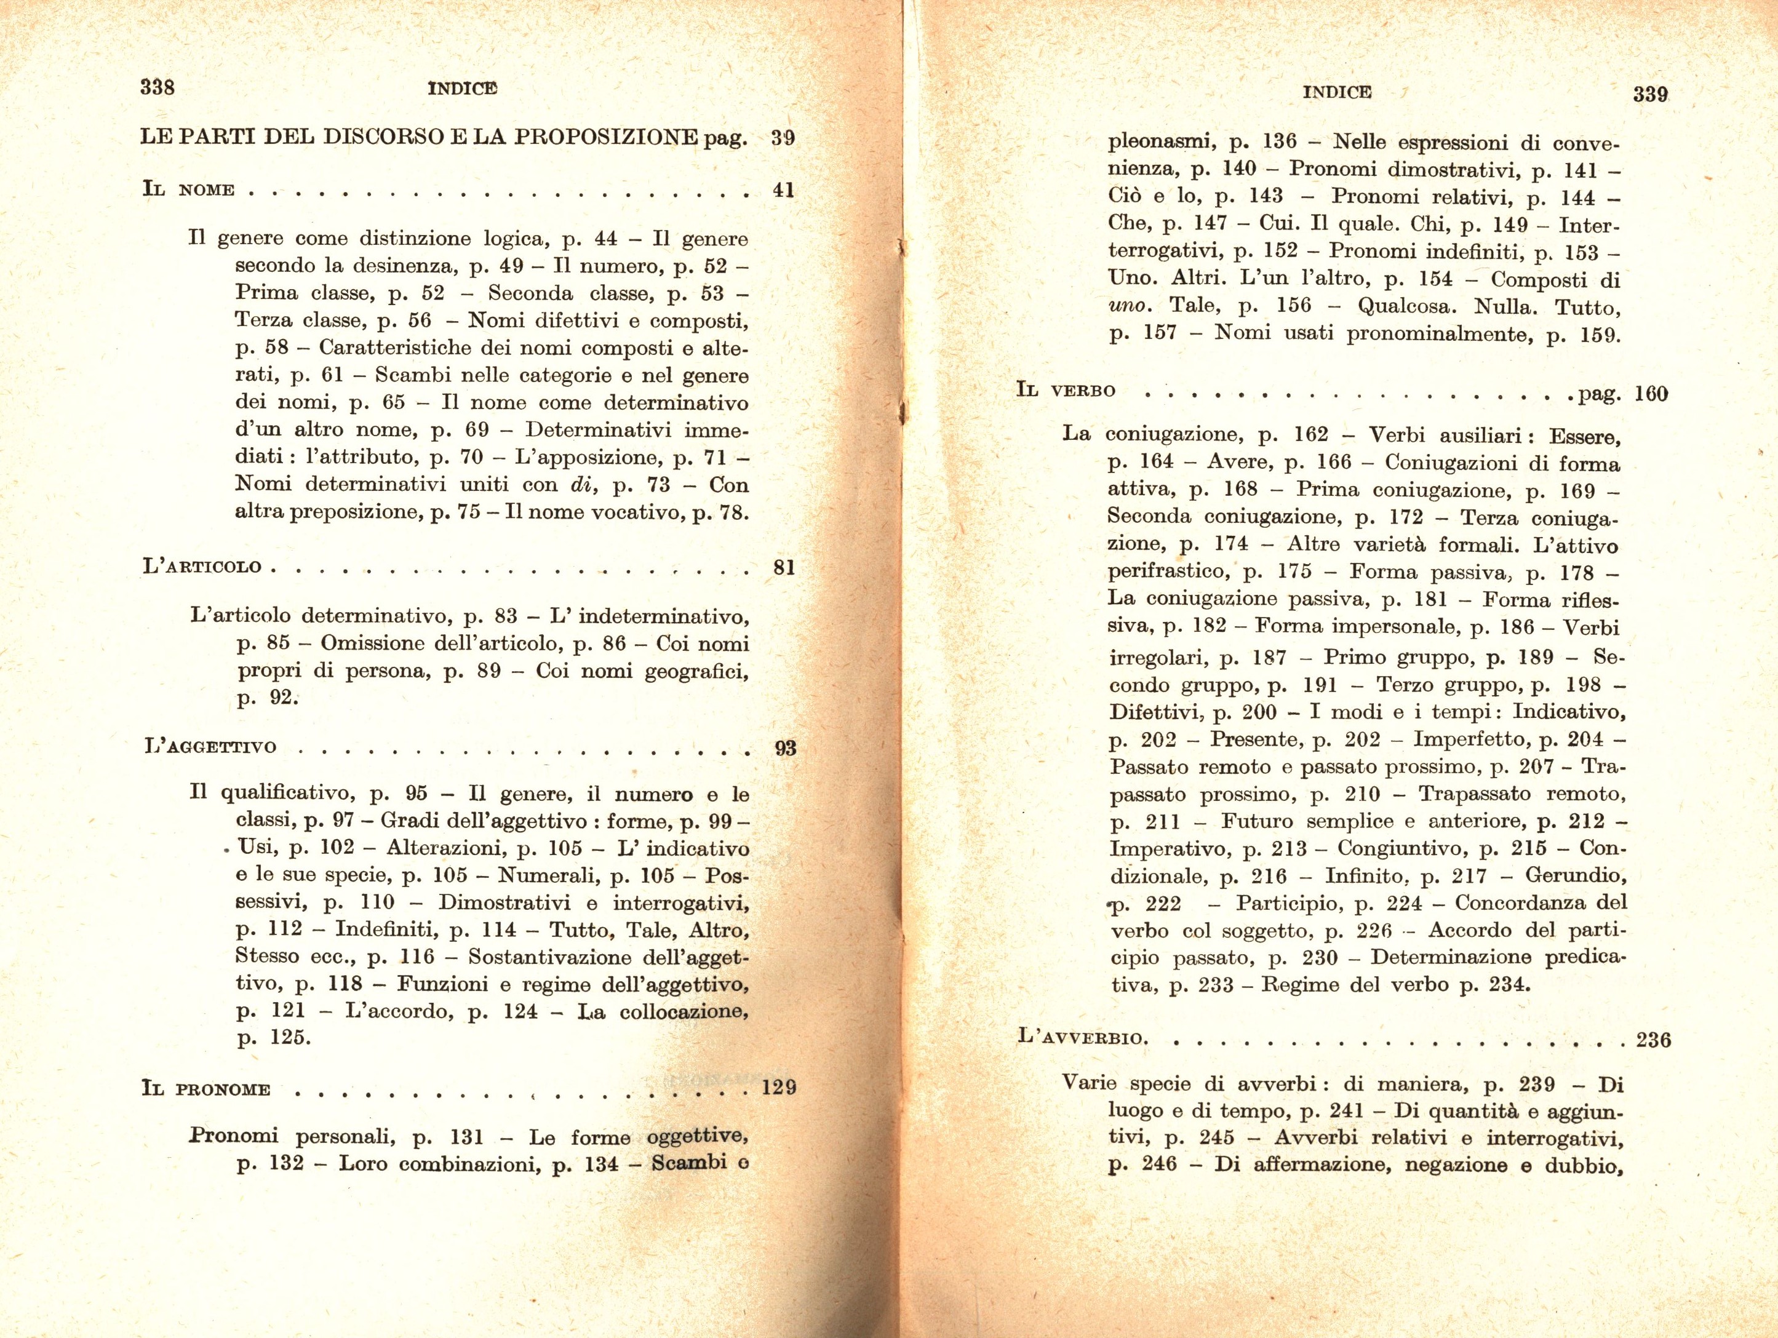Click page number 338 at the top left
[x=157, y=87]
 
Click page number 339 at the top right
[x=1650, y=94]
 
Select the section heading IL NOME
[x=188, y=191]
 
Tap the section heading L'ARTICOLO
[x=202, y=567]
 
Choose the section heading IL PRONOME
[x=205, y=1089]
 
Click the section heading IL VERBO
[x=1066, y=391]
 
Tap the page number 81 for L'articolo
[x=784, y=567]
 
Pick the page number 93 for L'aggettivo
[x=785, y=748]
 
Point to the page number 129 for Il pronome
[x=779, y=1088]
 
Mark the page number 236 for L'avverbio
[x=1653, y=1040]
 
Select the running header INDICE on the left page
[x=462, y=89]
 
